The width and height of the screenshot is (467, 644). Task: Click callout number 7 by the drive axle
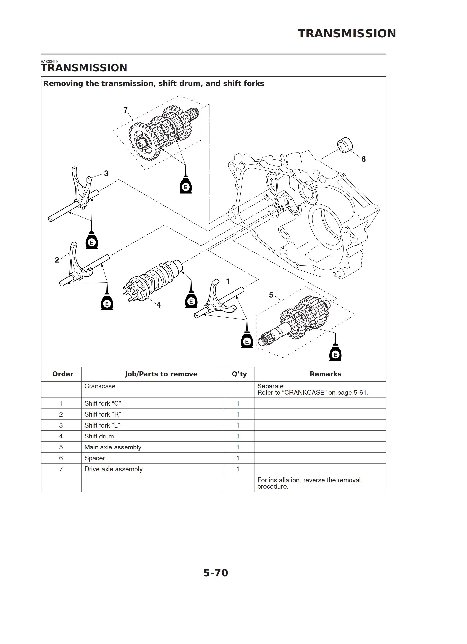coord(126,110)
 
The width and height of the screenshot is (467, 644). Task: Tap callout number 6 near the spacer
coord(363,159)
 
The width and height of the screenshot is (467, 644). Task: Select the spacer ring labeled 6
coord(345,145)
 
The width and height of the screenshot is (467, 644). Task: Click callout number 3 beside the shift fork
coord(106,173)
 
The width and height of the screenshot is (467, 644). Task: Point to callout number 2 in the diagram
coord(57,260)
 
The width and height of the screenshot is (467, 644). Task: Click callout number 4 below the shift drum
coord(159,305)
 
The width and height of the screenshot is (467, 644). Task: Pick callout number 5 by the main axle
coord(271,295)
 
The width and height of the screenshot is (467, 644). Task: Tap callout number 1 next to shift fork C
coord(227,281)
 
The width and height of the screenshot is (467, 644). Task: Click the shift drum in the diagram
coord(155,280)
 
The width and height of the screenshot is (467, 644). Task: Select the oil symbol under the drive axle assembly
coord(186,186)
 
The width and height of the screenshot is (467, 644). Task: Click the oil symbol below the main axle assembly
coord(335,354)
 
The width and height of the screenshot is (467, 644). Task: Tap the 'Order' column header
coord(63,374)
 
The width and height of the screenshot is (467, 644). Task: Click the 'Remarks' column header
coord(325,374)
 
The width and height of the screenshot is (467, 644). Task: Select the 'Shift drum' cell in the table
coord(99,436)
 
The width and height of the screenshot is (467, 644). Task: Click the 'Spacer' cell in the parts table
coord(95,458)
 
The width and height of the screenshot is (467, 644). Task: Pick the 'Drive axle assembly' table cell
coord(113,469)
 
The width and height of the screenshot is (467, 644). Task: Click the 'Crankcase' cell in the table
coord(100,386)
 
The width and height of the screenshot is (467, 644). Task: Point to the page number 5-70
coord(216,573)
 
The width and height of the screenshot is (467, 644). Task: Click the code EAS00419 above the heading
coord(49,61)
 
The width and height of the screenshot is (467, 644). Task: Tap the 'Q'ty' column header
coord(239,374)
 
